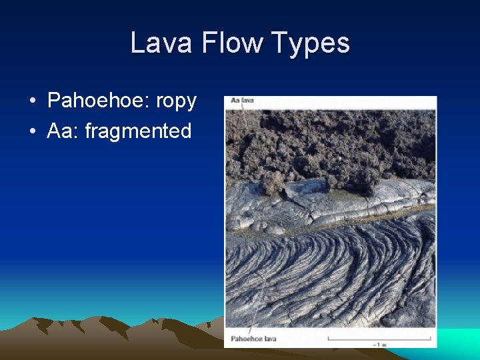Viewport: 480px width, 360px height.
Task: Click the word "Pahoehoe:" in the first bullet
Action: pyautogui.click(x=99, y=101)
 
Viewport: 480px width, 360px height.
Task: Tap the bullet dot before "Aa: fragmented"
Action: pyautogui.click(x=32, y=131)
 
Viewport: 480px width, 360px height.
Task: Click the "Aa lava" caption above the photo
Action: pyautogui.click(x=242, y=101)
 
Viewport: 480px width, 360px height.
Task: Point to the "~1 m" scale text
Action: pyautogui.click(x=379, y=345)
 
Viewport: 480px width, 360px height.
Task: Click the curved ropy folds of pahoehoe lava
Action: pyautogui.click(x=333, y=267)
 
